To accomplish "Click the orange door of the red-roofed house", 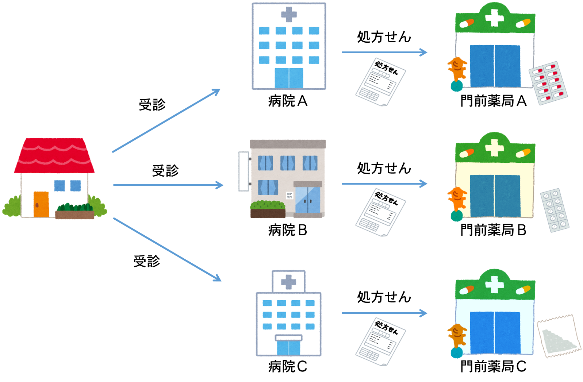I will point(41,204).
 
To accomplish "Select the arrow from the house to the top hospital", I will point(166,120).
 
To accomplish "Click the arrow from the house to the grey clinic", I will point(168,185).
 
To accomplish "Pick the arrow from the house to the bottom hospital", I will point(167,250).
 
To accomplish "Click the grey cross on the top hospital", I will point(289,15).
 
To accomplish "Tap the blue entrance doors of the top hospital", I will point(289,78).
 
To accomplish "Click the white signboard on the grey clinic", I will point(243,171).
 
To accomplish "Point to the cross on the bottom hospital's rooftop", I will point(288,282).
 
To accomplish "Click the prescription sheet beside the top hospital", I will point(381,82).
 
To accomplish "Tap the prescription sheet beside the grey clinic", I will point(381,212).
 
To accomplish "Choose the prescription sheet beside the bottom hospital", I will point(381,342).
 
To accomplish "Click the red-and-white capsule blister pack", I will point(548,83).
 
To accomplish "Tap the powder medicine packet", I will point(559,336).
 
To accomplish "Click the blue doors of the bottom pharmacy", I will point(495,333).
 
